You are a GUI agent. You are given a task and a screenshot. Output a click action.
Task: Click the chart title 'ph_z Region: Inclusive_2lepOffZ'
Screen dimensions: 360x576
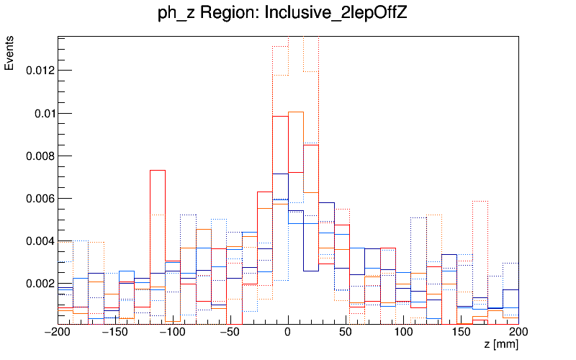282,13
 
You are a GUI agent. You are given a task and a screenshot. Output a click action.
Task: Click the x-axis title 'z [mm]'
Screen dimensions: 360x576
501,345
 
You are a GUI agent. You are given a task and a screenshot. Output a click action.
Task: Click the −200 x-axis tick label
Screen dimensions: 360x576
58,332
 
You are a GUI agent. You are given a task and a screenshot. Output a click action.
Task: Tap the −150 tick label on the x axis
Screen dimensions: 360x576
115,332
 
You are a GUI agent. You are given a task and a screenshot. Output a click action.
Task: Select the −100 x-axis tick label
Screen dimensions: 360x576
173,332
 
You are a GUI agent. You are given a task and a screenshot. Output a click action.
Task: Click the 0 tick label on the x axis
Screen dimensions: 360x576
288,332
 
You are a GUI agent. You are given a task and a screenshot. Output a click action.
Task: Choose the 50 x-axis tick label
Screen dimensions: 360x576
346,332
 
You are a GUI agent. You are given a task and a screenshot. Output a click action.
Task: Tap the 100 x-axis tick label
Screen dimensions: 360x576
403,332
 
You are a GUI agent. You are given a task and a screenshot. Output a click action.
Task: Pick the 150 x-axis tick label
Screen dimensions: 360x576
461,332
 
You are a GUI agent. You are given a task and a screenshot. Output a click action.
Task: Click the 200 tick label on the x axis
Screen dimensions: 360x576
518,332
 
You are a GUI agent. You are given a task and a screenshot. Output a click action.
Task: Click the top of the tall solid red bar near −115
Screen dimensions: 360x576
158,170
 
